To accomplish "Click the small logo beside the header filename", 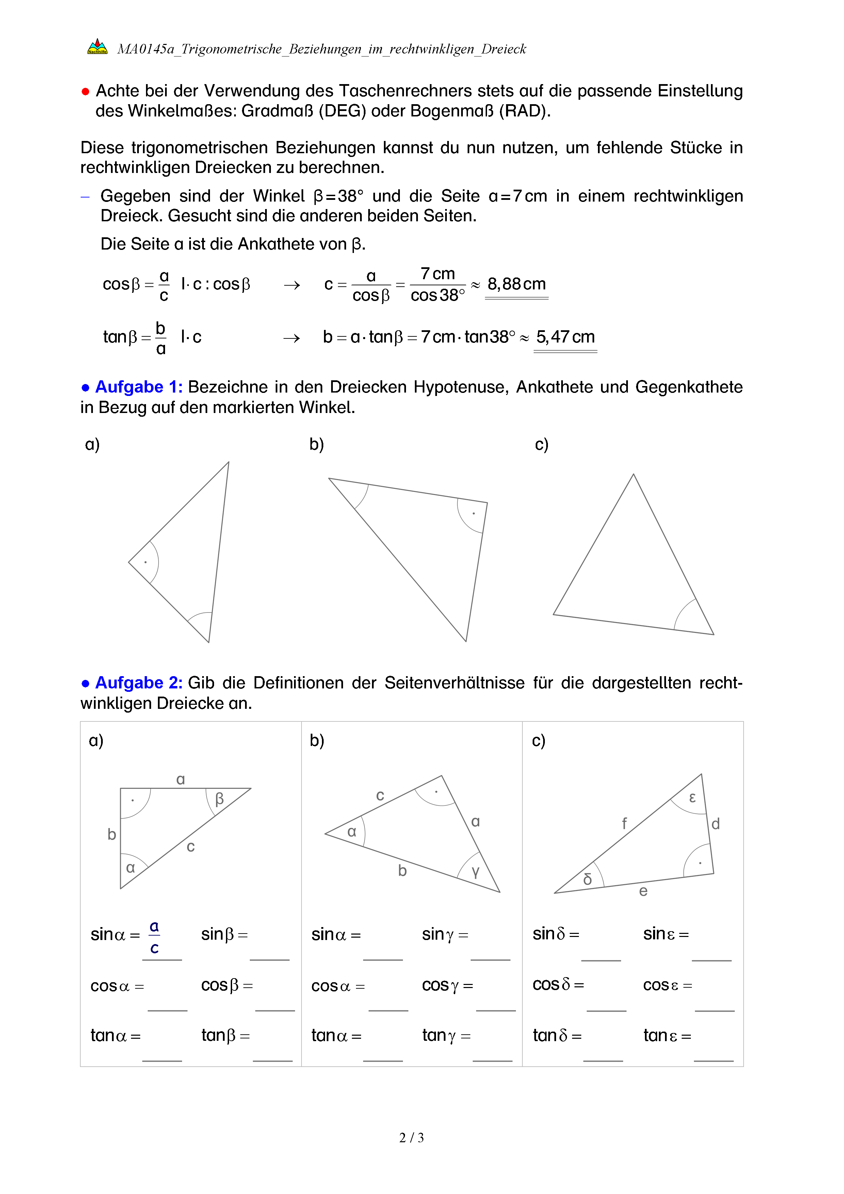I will [97, 47].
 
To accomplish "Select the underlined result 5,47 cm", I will [565, 337].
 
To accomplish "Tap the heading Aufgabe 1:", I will [138, 387].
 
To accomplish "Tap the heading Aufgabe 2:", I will [138, 683].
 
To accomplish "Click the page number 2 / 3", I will [411, 1138].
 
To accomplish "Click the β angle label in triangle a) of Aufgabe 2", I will [219, 798].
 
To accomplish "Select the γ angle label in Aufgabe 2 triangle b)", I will [475, 872].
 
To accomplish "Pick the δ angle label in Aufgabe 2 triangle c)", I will [587, 879].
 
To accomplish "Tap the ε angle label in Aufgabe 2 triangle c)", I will [692, 797].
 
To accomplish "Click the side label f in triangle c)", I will [624, 823].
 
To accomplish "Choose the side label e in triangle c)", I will [644, 891].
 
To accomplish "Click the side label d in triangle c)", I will [716, 824].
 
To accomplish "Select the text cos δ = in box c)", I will [558, 984].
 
